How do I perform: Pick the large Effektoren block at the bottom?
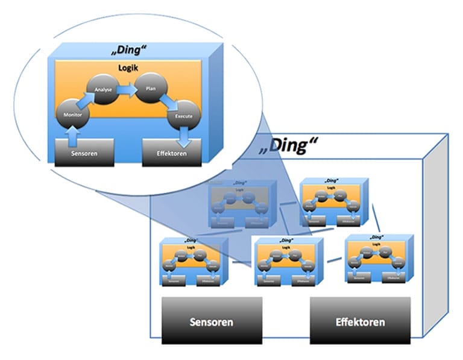(360, 320)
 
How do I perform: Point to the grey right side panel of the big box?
(436, 229)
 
